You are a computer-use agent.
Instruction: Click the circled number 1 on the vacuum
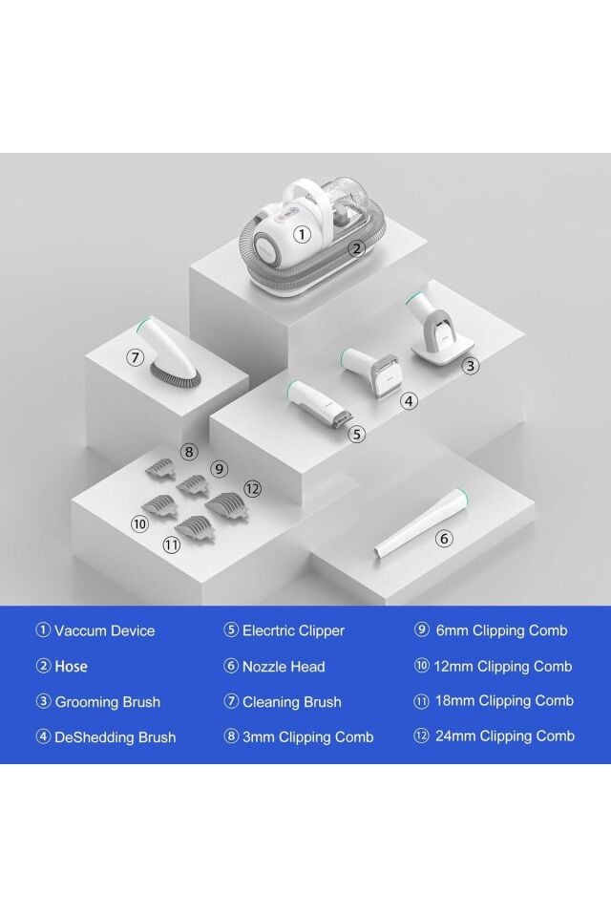coord(302,235)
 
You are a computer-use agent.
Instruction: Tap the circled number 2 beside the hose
coord(357,248)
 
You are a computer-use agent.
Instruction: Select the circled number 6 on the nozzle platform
coord(444,538)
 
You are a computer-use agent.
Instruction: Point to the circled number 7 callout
coord(135,356)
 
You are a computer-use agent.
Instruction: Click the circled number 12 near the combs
coord(252,489)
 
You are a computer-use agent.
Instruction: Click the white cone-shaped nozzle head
coord(421,523)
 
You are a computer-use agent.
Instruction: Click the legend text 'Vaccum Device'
coord(105,630)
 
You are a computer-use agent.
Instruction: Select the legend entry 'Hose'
coord(71,666)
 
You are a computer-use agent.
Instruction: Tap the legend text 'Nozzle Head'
coord(284,667)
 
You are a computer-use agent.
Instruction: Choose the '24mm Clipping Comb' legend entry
coord(505,736)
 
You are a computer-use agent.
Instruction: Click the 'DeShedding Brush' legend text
coord(116,737)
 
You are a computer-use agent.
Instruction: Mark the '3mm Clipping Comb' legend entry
coord(307,736)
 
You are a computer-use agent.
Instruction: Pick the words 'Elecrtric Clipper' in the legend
coord(293,630)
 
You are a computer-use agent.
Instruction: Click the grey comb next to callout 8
coord(160,466)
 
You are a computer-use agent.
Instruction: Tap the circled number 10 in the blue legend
coord(421,666)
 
